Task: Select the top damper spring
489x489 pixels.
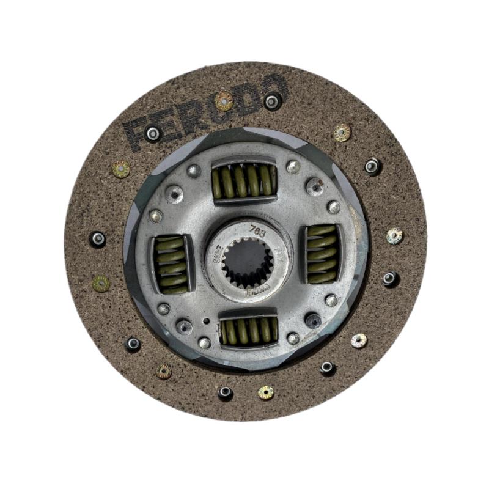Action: coord(244,181)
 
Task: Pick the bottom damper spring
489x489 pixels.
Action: coord(249,331)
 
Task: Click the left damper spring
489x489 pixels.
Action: coord(171,263)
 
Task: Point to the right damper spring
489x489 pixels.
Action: coord(322,254)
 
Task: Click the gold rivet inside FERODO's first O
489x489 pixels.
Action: coord(224,101)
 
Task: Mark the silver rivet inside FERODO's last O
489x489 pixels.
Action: coord(273,101)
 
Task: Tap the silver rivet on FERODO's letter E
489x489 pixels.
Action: coord(152,132)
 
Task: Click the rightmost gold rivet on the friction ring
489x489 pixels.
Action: coord(395,235)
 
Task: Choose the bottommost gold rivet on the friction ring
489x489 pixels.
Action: coord(266,392)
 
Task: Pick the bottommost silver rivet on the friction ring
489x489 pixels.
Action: coord(226,392)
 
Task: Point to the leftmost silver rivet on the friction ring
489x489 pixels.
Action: coord(98,239)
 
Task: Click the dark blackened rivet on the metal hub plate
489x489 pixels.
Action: coord(313,320)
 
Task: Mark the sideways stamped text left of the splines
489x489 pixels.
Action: coord(216,252)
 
